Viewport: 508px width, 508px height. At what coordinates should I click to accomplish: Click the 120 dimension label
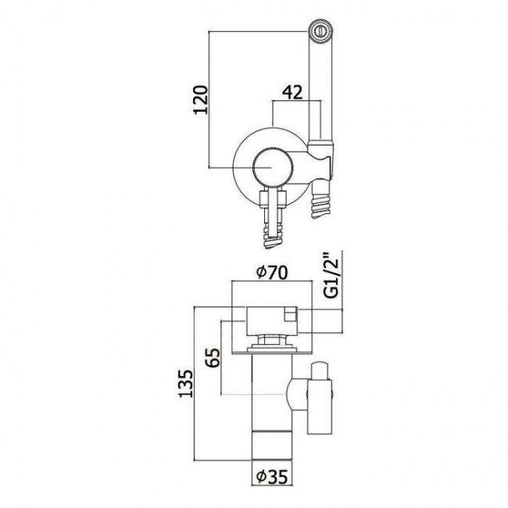200,99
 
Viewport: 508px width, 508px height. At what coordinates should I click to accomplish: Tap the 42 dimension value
292,92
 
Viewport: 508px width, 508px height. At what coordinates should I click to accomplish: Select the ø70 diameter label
271,273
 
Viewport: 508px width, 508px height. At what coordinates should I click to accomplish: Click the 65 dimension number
213,357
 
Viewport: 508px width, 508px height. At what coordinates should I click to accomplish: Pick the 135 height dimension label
186,384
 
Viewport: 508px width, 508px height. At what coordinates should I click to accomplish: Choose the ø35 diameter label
271,476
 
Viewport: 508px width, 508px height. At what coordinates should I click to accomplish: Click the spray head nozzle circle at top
320,30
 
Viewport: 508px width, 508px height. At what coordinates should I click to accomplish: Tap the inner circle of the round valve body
273,167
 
